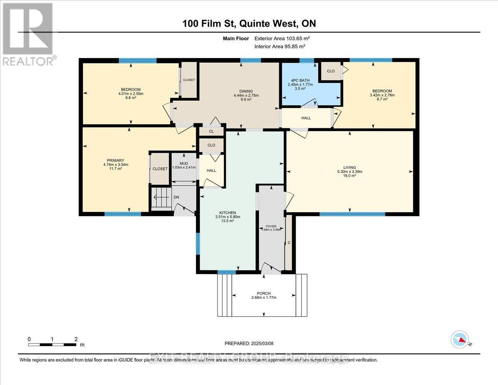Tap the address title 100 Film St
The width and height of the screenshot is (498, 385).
249,23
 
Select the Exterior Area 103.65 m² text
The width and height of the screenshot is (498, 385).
282,39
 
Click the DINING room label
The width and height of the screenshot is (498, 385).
246,91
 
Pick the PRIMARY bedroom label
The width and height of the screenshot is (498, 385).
115,160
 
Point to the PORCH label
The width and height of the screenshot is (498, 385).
264,293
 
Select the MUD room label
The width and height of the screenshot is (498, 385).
183,164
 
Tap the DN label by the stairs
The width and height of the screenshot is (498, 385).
176,197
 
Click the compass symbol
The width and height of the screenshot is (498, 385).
460,339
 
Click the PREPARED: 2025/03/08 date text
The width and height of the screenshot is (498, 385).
249,343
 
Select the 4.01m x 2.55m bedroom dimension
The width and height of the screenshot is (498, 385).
130,94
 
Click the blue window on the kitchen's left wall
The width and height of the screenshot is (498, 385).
198,243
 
